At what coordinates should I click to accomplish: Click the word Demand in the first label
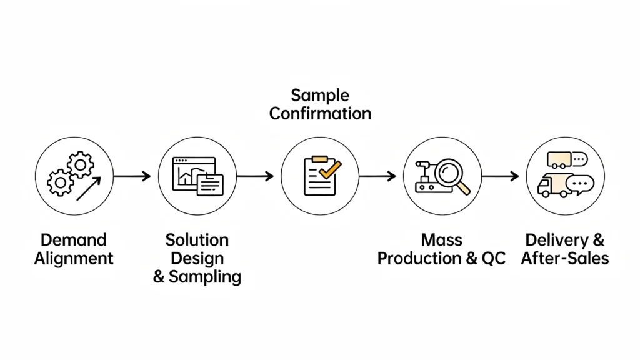click(x=73, y=240)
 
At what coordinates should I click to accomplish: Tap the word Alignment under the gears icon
click(x=73, y=259)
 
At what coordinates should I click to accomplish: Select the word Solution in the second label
click(x=197, y=240)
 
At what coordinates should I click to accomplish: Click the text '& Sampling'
click(x=197, y=277)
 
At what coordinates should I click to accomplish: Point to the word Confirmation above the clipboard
click(x=320, y=114)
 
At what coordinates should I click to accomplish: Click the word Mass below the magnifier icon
click(x=441, y=240)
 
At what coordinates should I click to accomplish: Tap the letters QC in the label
click(x=492, y=259)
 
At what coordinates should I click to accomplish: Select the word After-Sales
click(x=565, y=259)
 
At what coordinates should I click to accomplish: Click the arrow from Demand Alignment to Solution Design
click(x=132, y=177)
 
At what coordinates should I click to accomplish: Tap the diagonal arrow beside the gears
click(x=89, y=189)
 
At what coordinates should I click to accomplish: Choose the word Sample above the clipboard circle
click(x=320, y=96)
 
